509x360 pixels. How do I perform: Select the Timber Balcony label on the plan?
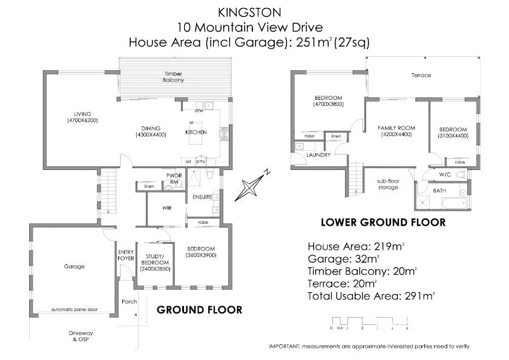173,76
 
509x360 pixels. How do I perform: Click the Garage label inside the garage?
74,266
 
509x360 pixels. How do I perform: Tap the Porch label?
129,301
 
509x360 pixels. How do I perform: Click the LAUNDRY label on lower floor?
318,155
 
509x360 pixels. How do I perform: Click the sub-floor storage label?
388,184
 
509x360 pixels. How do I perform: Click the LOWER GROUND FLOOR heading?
383,223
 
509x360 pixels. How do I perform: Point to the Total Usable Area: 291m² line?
371,296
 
